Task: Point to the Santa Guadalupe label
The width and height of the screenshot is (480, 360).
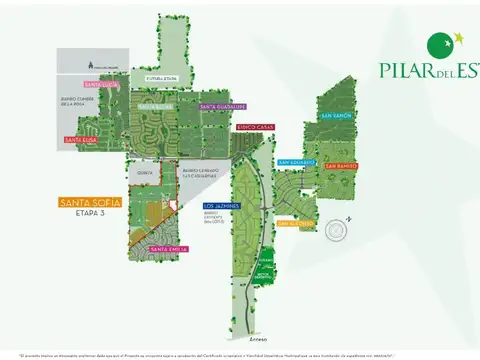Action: tap(222, 106)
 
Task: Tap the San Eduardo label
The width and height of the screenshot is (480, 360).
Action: tap(297, 162)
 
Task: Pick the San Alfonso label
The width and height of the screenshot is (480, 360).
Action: tap(297, 224)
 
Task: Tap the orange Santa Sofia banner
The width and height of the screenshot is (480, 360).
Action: tap(90, 202)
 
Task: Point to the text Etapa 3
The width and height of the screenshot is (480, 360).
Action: tap(90, 214)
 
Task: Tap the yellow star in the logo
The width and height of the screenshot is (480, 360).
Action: tap(459, 39)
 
